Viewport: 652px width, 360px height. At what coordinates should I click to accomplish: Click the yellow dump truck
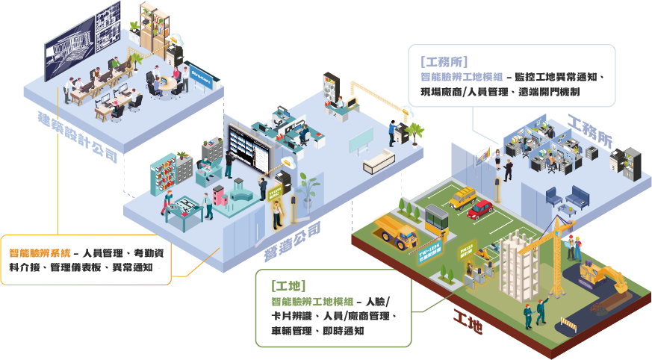point(395,230)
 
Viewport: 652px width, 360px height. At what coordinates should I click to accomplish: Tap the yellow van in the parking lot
point(464,197)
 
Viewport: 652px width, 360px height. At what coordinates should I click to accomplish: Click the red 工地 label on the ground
point(467,320)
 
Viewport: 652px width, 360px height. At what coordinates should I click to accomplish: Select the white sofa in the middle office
point(377,160)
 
